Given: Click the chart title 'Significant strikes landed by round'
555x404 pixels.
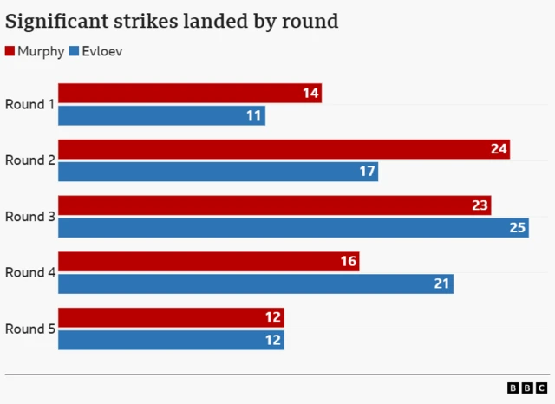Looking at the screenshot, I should point(172,20).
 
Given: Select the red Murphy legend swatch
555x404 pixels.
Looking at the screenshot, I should point(10,52).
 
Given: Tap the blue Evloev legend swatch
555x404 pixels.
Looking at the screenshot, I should point(74,52).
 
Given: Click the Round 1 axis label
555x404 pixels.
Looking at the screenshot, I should point(29,104).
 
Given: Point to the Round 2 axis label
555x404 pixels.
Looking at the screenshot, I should point(29,160).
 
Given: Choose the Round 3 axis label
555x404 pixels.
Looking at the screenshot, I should point(29,217).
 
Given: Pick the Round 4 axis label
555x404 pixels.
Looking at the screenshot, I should point(29,272).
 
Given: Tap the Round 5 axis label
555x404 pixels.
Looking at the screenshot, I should point(29,329).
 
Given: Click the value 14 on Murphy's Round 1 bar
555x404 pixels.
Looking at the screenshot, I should point(310,94).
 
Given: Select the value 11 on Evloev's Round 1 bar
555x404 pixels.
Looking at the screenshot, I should point(254,115).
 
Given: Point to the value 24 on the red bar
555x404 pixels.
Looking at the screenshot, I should point(499,149).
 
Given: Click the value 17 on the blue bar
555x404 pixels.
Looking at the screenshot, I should point(367,172).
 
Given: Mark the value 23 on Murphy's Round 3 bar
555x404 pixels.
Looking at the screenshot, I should point(480,206).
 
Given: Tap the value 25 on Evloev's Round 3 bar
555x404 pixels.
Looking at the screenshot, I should point(518,228).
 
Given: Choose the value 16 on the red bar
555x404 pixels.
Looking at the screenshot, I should point(348,262).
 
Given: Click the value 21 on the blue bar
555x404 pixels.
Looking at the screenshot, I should point(442,284).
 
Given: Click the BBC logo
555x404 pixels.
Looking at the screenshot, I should point(527,388).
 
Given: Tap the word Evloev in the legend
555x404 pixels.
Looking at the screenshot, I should point(102,52).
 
